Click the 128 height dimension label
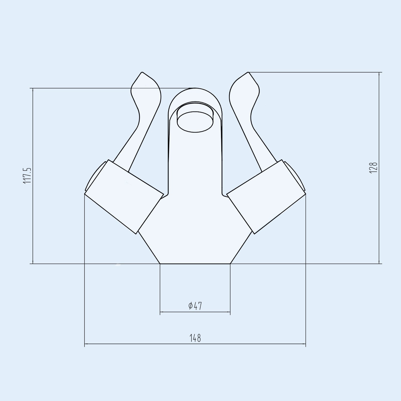tap(373, 167)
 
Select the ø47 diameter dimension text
tap(195, 306)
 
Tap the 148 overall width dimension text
tap(195, 338)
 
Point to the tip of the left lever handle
tap(142, 73)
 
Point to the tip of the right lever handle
tap(248, 73)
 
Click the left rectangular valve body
tap(124, 196)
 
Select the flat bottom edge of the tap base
tap(195, 264)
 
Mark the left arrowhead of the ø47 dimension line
tap(161, 312)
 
